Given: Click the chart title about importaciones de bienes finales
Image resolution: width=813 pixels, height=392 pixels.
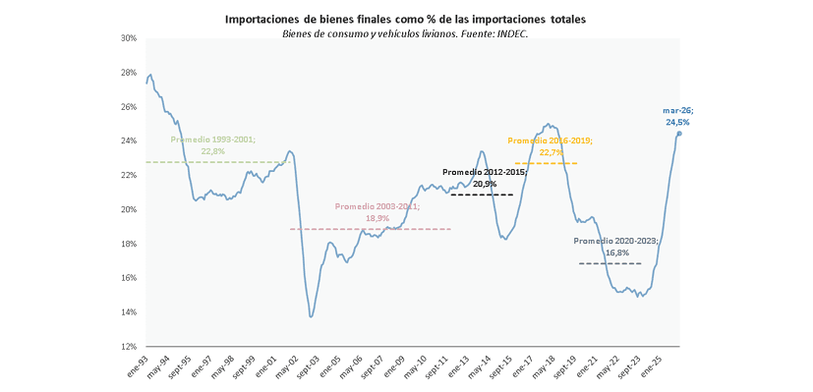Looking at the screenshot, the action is tap(405, 20).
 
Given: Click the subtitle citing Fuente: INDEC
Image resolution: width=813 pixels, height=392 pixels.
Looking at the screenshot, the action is tap(405, 33).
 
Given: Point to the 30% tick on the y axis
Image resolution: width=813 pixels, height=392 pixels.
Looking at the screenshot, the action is tap(129, 38).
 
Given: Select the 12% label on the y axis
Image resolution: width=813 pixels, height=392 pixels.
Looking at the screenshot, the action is tap(129, 347).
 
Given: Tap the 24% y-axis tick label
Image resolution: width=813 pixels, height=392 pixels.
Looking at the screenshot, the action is tap(129, 140).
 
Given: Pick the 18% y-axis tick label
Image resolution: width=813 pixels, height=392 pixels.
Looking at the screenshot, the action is tap(129, 244).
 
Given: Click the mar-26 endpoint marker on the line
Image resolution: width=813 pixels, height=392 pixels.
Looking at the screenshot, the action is tap(679, 133).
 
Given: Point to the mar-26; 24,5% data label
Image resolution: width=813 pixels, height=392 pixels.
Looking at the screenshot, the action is tap(676, 117).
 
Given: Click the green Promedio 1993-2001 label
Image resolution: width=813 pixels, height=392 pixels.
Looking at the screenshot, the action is tap(213, 145).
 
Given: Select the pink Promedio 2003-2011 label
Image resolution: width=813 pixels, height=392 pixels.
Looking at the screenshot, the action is tap(377, 212).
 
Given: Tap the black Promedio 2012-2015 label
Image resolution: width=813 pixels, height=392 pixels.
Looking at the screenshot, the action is tap(485, 178).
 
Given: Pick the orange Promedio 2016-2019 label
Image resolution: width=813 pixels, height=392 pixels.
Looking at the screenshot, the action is tap(551, 146).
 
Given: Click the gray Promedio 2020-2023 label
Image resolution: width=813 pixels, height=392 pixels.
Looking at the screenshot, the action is tap(616, 247).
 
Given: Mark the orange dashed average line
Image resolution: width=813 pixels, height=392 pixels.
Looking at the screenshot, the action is tap(546, 164).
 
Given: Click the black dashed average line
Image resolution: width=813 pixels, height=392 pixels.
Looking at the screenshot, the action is tap(482, 195).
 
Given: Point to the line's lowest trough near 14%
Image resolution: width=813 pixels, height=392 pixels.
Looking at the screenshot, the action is tap(311, 316).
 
